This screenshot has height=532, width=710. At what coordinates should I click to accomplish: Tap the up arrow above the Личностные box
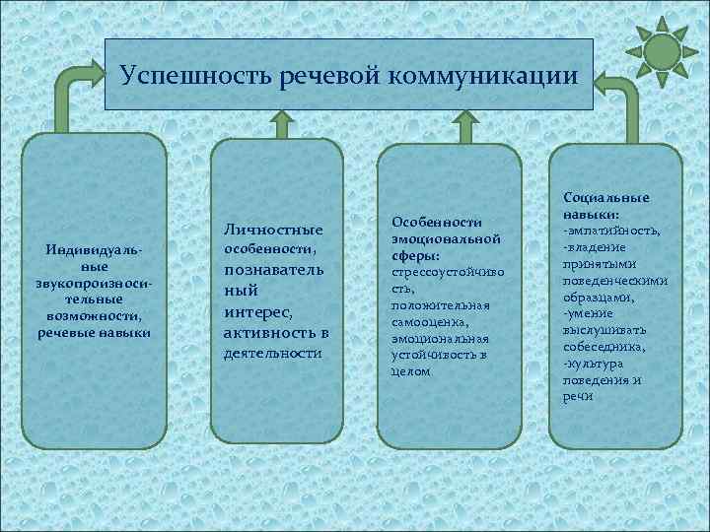tap(281, 124)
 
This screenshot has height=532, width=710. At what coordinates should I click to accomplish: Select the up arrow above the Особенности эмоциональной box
tap(461, 126)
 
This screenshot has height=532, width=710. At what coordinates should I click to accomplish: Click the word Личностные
tap(277, 230)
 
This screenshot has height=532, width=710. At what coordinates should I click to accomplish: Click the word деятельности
tap(274, 353)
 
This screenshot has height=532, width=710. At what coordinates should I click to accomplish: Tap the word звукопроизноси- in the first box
tap(94, 284)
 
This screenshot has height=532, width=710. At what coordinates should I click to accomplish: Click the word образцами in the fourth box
tap(608, 297)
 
